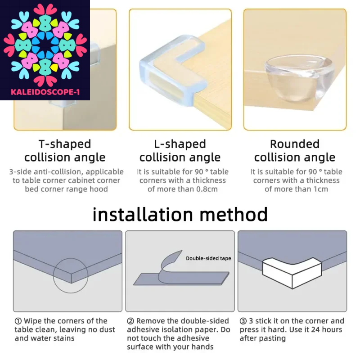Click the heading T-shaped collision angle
point(65,151)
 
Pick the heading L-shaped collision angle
point(180,151)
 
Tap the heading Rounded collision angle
point(295,151)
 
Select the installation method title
point(180,214)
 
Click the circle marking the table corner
point(71,276)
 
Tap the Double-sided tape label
point(208,258)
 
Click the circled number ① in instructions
point(18,321)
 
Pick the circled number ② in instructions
point(130,321)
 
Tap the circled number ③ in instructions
point(243,321)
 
